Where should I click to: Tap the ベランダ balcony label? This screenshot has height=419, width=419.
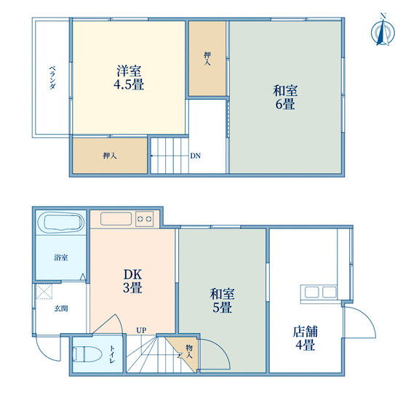[x=52, y=78]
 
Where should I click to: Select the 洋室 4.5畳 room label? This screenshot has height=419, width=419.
[x=129, y=78]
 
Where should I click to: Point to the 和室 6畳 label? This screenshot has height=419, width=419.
[x=285, y=97]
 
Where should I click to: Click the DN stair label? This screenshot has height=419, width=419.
[x=196, y=156]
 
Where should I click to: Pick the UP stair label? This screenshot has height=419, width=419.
[x=141, y=330]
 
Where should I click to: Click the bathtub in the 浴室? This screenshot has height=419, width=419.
[x=61, y=223]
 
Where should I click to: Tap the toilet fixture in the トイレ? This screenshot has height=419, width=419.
[x=87, y=354]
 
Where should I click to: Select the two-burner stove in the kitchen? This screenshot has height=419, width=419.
[x=144, y=219]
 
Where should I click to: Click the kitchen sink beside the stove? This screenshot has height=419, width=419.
[x=116, y=219]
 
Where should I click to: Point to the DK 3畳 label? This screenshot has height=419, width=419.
[x=132, y=281]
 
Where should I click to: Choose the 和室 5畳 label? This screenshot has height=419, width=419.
[x=222, y=300]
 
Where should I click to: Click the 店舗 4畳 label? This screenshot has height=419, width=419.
[x=306, y=338]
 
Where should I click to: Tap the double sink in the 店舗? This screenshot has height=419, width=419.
[x=319, y=293]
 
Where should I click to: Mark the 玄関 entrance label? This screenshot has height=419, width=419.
[x=61, y=308]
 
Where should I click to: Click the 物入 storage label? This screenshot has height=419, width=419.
[x=189, y=351]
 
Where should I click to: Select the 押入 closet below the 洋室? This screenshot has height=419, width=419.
[x=110, y=156]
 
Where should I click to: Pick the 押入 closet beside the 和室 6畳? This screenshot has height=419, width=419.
[x=207, y=58]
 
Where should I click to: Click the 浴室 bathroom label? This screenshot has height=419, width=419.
[x=61, y=258]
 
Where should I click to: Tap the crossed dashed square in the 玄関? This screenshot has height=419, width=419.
[x=44, y=292]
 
